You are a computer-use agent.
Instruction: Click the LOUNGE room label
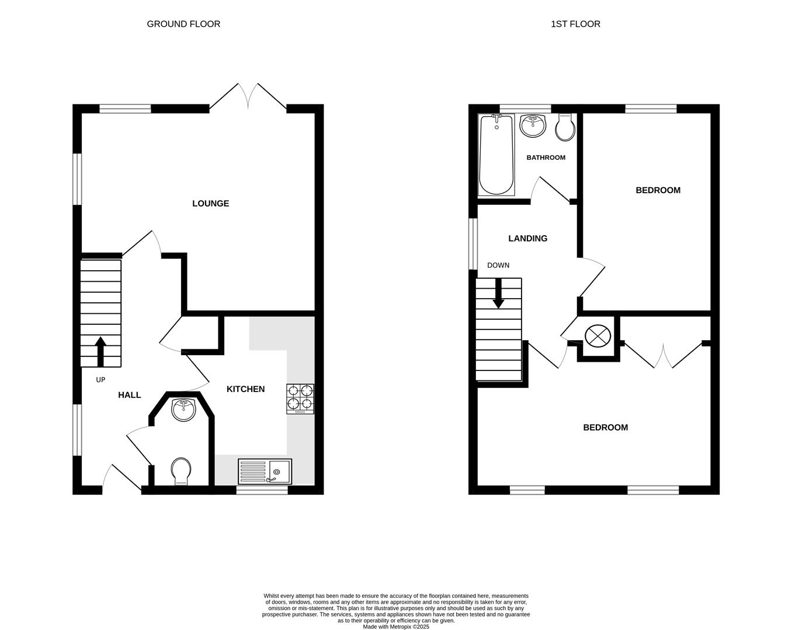pyautogui.click(x=210, y=204)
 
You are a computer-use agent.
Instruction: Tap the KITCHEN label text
pyautogui.click(x=245, y=389)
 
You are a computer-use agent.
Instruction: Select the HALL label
pyautogui.click(x=129, y=395)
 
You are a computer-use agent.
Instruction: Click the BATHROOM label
pyautogui.click(x=546, y=157)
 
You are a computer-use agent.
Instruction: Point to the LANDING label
pyautogui.click(x=527, y=239)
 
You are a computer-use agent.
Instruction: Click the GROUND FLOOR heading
pyautogui.click(x=183, y=24)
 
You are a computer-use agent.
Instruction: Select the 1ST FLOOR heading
pyautogui.click(x=575, y=24)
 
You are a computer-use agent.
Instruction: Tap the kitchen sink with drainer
pyautogui.click(x=265, y=471)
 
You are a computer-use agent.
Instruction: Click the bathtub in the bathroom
pyautogui.click(x=496, y=155)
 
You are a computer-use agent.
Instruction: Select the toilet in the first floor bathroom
pyautogui.click(x=565, y=128)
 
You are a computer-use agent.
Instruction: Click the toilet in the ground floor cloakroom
pyautogui.click(x=181, y=471)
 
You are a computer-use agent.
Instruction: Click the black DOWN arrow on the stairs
pyautogui.click(x=498, y=293)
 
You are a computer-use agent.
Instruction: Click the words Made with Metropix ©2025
pyautogui.click(x=396, y=627)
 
